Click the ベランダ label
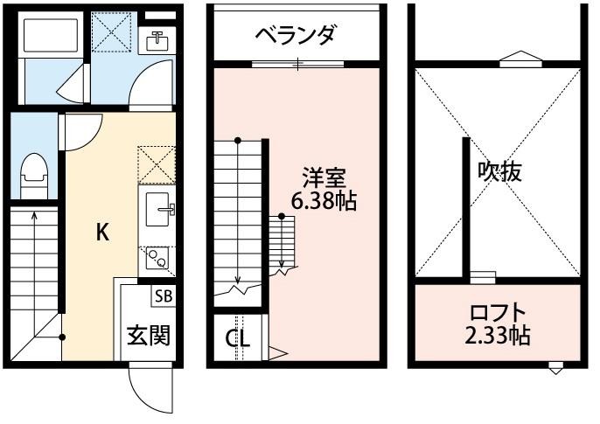point(296,35)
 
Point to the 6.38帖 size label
point(323,201)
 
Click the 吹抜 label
point(499,171)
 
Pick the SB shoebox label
point(164,295)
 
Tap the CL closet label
point(237,338)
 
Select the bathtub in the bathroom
point(52,37)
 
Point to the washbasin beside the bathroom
point(158,41)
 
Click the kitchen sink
point(158,208)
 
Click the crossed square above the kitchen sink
point(157,164)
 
